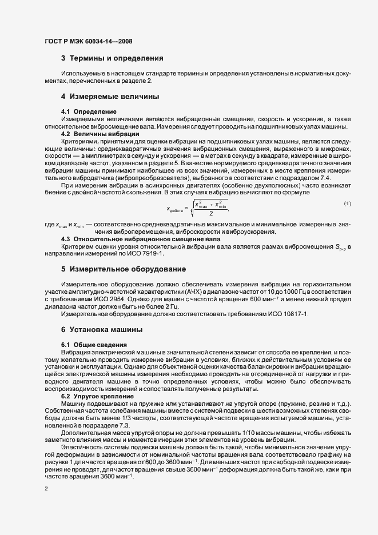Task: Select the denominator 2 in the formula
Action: click(211, 214)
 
